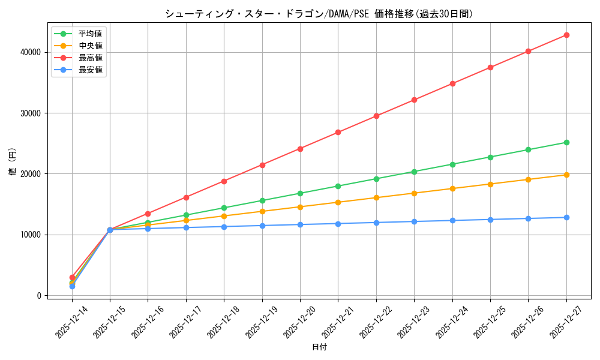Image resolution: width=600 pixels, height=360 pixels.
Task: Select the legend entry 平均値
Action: [90, 34]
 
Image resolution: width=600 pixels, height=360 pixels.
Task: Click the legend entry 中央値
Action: [90, 46]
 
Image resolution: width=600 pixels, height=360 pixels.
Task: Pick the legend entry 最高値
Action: [90, 58]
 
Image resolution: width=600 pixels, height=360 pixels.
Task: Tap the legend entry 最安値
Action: [90, 70]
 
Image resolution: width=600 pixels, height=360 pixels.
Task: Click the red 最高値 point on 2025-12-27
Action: [566, 35]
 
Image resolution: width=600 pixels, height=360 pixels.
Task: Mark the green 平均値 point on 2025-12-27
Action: [566, 142]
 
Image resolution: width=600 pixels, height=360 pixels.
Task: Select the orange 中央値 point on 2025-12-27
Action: [566, 175]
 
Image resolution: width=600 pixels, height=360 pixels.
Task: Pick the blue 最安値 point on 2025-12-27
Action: [566, 217]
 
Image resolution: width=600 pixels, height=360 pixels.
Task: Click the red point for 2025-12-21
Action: [338, 132]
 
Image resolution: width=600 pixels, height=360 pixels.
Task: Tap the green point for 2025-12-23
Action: [414, 172]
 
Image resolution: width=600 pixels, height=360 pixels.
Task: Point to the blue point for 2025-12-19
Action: [262, 226]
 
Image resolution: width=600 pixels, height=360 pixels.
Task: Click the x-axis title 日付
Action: [319, 347]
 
